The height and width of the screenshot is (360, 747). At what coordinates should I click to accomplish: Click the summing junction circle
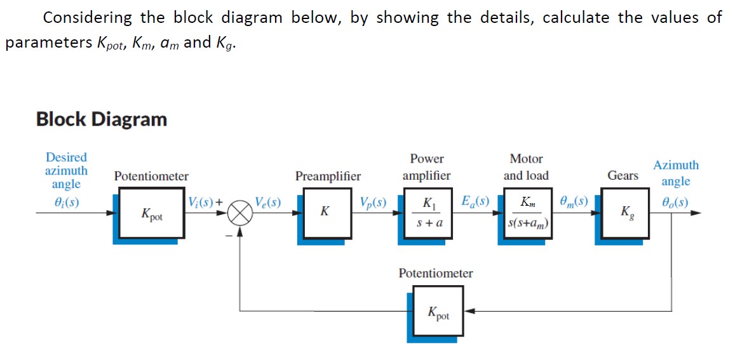pos(240,214)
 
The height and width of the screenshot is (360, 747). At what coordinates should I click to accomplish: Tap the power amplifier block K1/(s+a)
pos(427,214)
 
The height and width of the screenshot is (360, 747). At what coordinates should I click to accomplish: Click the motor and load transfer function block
pos(527,213)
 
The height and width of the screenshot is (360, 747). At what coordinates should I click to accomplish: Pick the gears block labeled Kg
pos(625,213)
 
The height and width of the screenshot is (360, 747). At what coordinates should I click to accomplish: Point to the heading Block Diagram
pos(102,119)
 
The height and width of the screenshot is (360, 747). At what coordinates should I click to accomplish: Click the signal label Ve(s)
pos(267,203)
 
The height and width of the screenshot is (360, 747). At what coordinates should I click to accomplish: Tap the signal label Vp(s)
pos(372,203)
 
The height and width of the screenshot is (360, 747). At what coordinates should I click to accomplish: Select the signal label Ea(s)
pos(475,203)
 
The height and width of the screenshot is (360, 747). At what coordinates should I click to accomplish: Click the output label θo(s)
pos(675,204)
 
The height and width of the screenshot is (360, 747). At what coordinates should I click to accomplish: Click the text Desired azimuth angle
pos(66,170)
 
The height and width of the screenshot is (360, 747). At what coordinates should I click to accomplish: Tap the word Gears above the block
pos(622,175)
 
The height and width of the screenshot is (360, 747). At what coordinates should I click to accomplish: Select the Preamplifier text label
pos(328,176)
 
